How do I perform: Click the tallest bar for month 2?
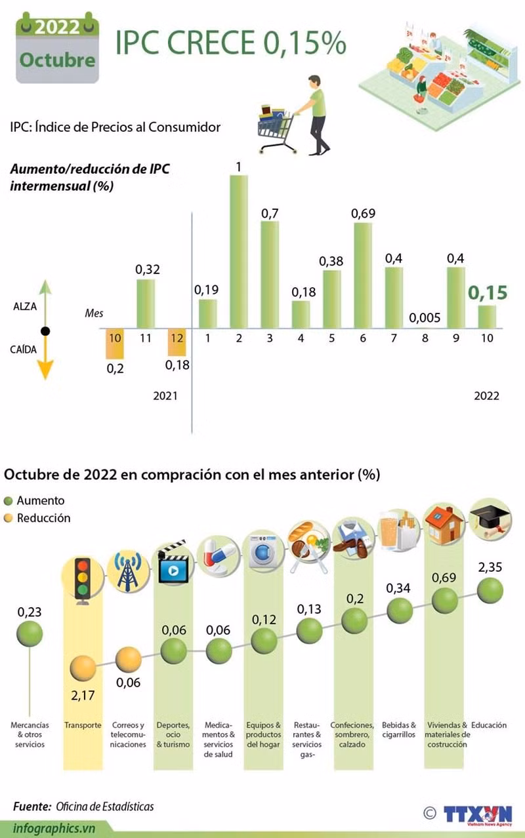(x=238, y=252)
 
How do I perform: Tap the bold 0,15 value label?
(x=488, y=292)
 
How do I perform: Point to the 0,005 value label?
(x=425, y=318)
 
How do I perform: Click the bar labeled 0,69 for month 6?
(x=363, y=275)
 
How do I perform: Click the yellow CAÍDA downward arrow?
(x=45, y=358)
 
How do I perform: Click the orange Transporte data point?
(x=83, y=668)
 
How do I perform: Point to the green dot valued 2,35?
(x=490, y=590)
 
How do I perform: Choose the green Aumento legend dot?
(x=9, y=501)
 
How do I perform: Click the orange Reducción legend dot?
(x=9, y=519)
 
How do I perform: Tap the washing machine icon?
(x=263, y=553)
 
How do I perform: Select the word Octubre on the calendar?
(x=57, y=60)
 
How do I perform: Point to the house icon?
(x=444, y=523)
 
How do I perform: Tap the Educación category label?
(x=489, y=725)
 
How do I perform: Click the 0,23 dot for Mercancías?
(x=30, y=633)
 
